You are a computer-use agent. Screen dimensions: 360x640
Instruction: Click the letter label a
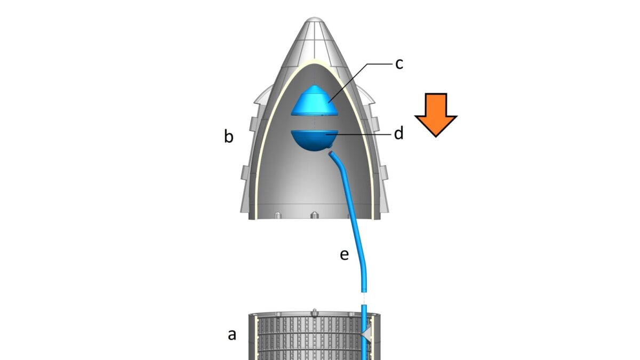pyautogui.click(x=232, y=335)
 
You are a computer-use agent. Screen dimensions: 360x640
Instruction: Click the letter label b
pyautogui.click(x=228, y=137)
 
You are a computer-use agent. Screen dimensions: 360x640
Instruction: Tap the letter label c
pyautogui.click(x=399, y=63)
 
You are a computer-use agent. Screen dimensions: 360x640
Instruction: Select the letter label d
pyautogui.click(x=398, y=133)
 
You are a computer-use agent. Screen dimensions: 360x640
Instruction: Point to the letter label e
pyautogui.click(x=344, y=255)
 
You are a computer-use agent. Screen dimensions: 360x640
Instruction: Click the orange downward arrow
pyautogui.click(x=436, y=114)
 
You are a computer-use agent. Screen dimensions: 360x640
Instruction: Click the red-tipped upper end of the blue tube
pyautogui.click(x=331, y=154)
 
